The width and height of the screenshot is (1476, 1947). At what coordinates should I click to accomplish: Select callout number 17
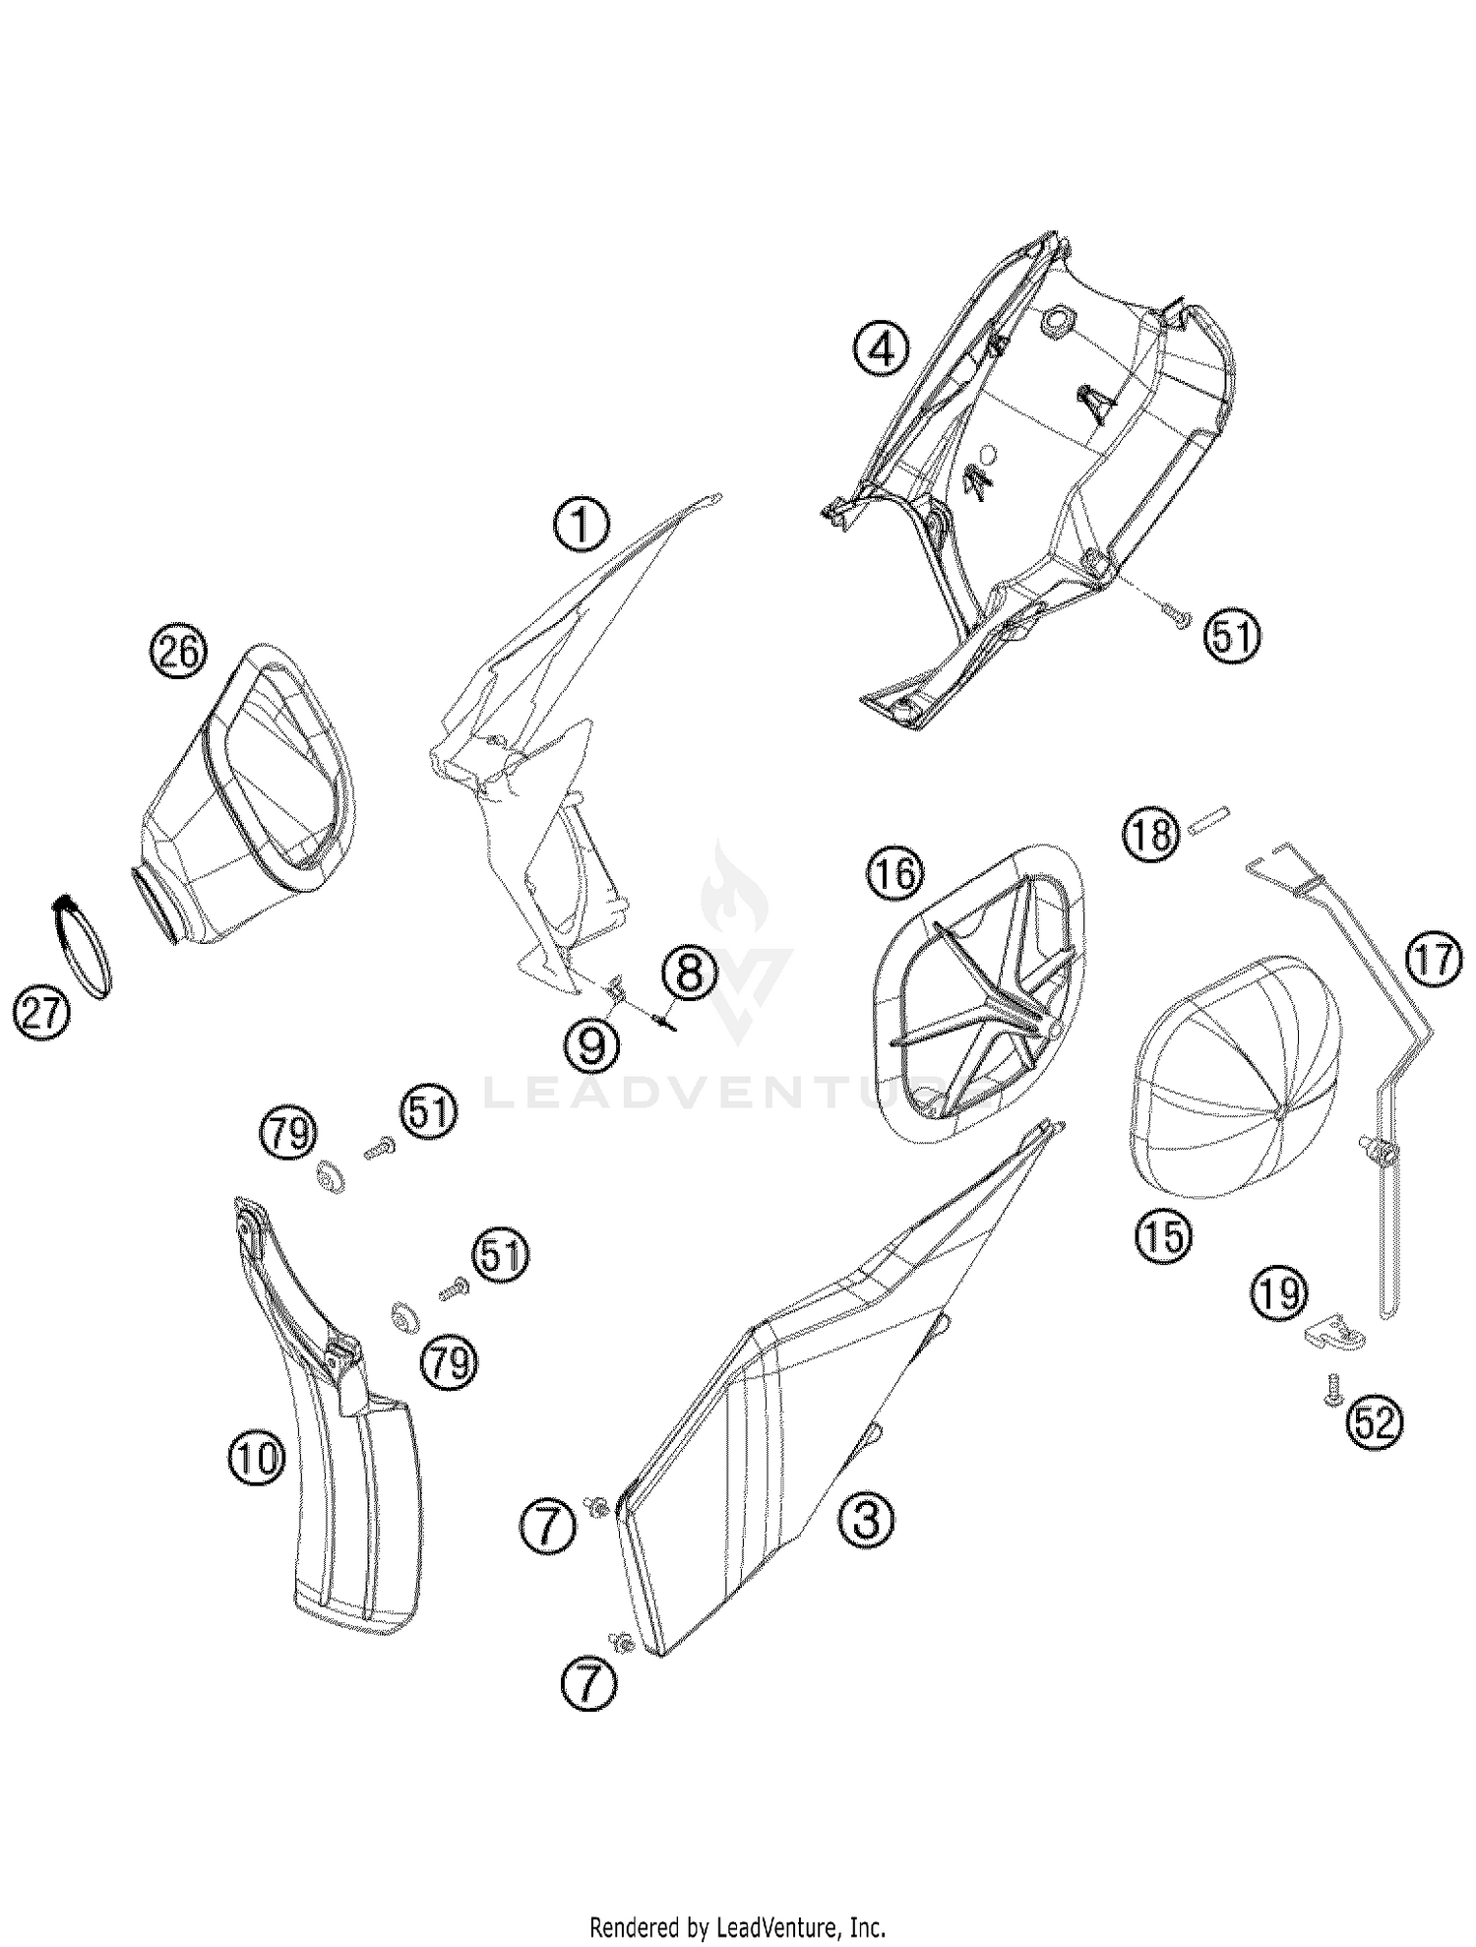click(x=1434, y=960)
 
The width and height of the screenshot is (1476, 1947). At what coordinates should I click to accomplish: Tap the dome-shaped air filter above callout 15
click(x=1237, y=1075)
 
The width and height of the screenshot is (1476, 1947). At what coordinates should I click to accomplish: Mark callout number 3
click(x=866, y=1518)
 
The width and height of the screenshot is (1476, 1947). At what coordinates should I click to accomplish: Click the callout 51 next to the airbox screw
click(x=1233, y=637)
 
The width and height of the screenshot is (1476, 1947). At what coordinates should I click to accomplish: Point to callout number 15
click(x=1163, y=1235)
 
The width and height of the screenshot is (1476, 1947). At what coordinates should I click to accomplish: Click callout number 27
click(x=42, y=1013)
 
